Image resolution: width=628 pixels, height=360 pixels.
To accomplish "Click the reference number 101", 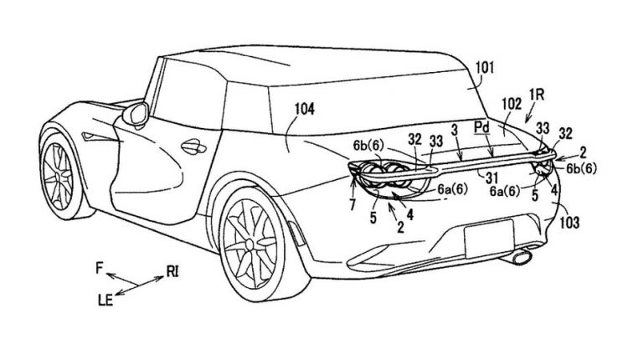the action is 485,68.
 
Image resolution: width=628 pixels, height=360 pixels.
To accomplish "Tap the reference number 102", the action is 512,104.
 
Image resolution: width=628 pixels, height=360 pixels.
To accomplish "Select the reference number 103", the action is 569,222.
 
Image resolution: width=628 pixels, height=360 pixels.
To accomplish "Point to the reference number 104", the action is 305,110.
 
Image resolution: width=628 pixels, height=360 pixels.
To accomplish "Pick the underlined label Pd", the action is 481,128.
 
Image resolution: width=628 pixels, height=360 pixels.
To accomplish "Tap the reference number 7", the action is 352,205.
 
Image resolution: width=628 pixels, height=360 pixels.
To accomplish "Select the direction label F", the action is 100,268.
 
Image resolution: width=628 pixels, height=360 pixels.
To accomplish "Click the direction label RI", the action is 172,272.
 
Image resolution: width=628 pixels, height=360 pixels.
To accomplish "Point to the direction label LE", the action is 106,300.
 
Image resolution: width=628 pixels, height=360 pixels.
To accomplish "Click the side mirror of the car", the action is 136,114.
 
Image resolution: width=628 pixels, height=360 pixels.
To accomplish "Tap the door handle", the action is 193,147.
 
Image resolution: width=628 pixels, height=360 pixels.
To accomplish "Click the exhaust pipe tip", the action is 522,256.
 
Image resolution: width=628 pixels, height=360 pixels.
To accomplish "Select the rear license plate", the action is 489,239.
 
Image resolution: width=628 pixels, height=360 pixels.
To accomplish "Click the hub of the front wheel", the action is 59,175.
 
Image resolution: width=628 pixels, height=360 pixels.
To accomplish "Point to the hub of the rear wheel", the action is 250,244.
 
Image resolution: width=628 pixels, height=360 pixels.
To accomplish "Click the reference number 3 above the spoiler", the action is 454,130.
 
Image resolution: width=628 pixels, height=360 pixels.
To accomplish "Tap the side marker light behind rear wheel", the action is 296,234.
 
